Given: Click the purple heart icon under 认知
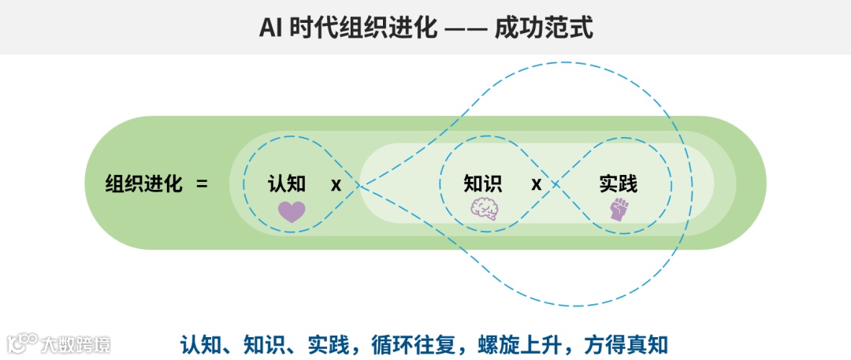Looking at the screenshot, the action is [x=292, y=212].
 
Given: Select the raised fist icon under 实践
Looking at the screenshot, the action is [x=619, y=209].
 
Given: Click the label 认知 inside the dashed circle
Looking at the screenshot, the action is [x=287, y=184].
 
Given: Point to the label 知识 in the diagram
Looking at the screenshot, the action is [x=482, y=184].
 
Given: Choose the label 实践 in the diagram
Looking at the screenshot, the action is [x=619, y=184].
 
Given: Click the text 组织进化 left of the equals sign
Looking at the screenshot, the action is [x=144, y=184].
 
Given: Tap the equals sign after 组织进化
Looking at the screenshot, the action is [x=202, y=184].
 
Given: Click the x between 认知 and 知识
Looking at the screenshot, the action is [x=336, y=184].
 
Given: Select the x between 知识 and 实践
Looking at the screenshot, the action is [x=537, y=184].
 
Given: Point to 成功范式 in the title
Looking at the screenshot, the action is [x=543, y=28].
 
